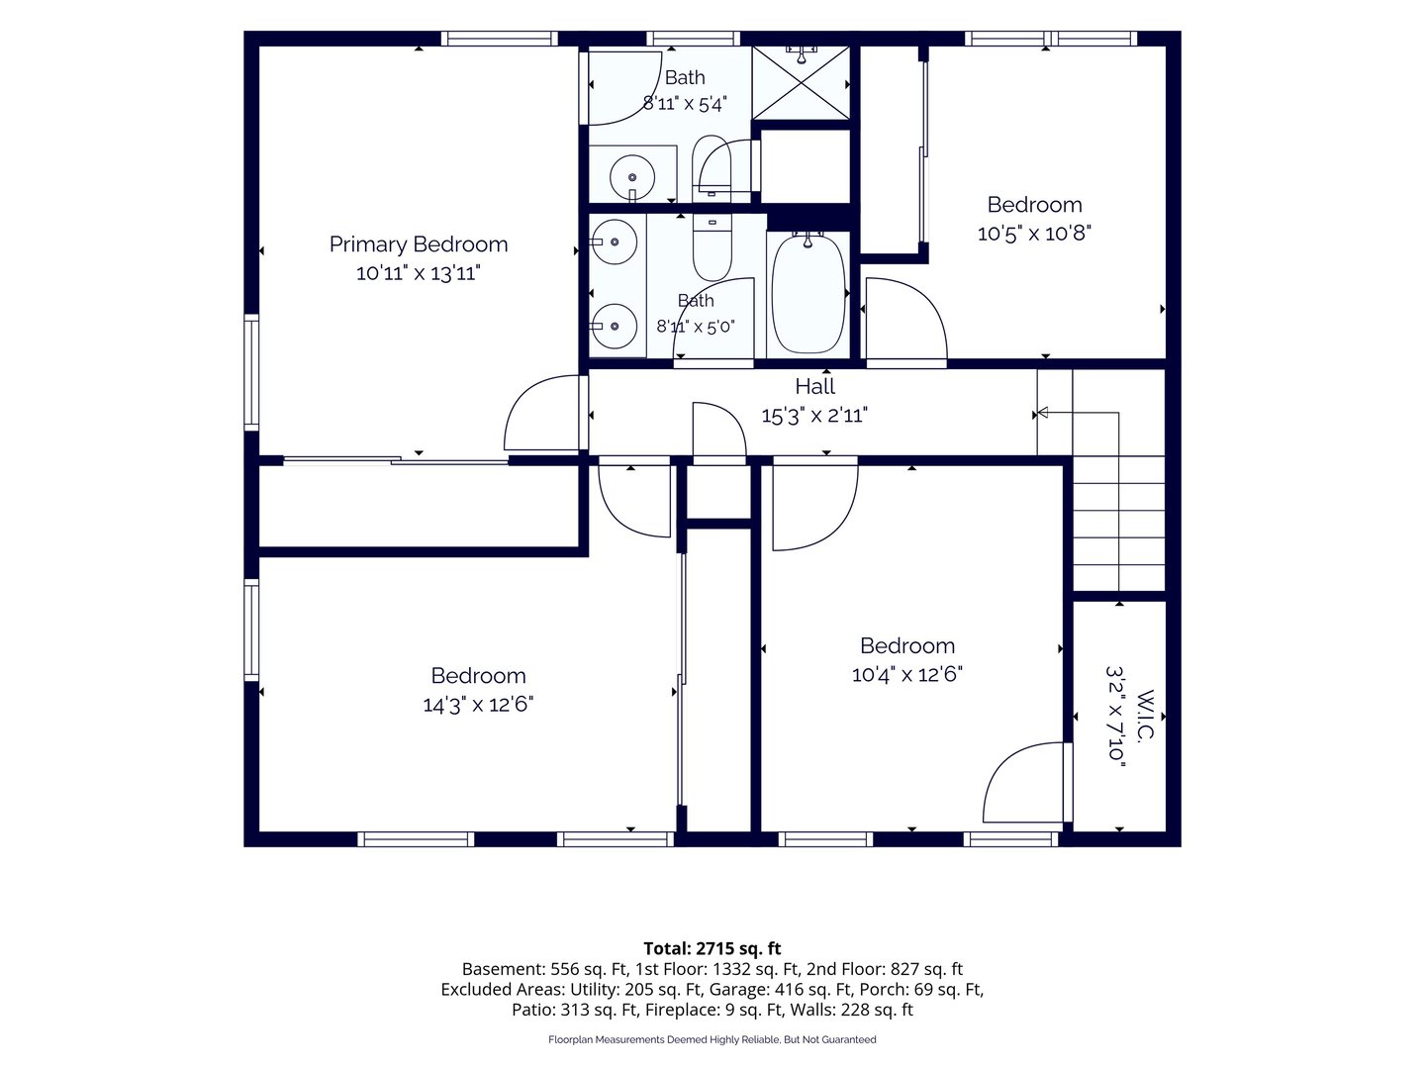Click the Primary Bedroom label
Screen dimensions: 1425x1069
(x=418, y=244)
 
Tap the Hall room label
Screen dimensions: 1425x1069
(x=814, y=386)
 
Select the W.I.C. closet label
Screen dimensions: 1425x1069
(x=1146, y=716)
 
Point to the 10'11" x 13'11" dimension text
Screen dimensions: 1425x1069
(x=418, y=272)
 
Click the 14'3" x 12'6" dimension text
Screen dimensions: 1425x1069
(x=478, y=704)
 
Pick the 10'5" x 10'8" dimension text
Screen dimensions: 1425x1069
(x=1034, y=233)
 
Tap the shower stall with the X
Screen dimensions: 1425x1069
(x=802, y=82)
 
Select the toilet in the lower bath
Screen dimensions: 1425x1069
(x=712, y=248)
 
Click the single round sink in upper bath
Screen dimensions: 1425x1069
(x=631, y=176)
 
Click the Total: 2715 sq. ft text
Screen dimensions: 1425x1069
(x=712, y=948)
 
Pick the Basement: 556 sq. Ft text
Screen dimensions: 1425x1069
(x=545, y=969)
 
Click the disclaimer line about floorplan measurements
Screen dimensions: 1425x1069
(x=712, y=1039)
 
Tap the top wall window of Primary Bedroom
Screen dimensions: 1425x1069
(x=499, y=39)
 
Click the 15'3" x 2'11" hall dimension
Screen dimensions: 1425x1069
(x=814, y=415)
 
